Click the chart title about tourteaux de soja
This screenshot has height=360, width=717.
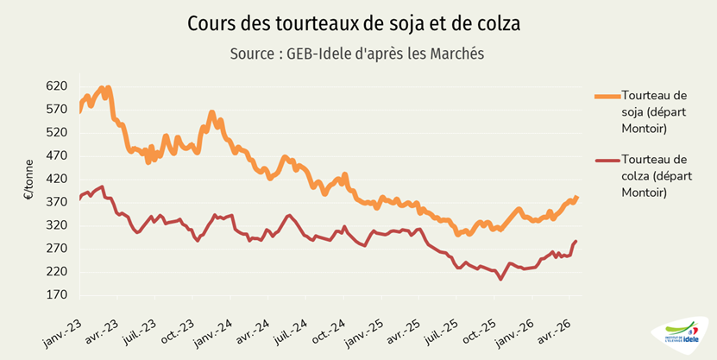(354, 24)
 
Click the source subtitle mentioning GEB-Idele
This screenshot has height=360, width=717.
(357, 54)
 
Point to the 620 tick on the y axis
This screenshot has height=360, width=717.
(56, 86)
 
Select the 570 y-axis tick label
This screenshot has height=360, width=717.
(56, 110)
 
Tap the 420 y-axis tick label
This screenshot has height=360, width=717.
(56, 180)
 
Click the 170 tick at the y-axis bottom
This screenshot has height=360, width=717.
(56, 295)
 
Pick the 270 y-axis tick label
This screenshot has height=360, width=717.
(56, 249)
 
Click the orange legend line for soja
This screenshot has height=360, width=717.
(607, 97)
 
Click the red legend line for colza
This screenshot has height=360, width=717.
(607, 161)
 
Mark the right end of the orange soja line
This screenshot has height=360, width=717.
(577, 198)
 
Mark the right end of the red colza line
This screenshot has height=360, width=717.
(576, 241)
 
